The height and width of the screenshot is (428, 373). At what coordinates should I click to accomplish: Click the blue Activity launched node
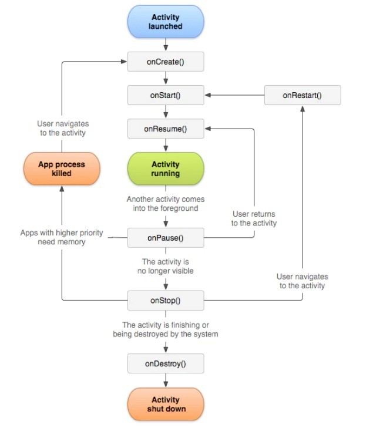tap(166, 22)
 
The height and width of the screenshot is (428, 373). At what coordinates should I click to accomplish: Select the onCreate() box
tap(166, 61)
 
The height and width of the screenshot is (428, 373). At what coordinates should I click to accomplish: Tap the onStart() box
tap(166, 95)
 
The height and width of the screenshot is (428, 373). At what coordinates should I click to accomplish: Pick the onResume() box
tap(166, 129)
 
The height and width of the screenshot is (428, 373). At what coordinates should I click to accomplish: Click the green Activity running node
tap(166, 169)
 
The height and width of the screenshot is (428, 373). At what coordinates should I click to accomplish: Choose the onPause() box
tap(166, 238)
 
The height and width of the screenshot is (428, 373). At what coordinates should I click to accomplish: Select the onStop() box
tap(166, 301)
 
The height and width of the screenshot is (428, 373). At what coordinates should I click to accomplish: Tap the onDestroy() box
tap(166, 363)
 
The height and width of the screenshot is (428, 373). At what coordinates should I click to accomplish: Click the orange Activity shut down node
tap(166, 404)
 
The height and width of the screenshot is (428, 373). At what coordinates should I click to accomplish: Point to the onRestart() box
tap(303, 95)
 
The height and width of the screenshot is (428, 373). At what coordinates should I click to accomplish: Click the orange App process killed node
tap(62, 169)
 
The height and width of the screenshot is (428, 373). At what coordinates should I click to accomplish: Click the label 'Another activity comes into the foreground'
tap(166, 204)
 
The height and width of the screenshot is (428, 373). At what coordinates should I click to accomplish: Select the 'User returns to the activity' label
tap(254, 218)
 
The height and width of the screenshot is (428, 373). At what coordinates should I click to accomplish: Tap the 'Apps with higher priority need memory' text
tap(62, 237)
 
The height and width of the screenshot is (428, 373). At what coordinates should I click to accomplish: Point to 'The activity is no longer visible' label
tap(166, 266)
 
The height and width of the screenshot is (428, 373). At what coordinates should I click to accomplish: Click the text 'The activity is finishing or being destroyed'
tap(166, 329)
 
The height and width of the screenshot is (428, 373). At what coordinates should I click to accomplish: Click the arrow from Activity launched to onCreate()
tap(166, 44)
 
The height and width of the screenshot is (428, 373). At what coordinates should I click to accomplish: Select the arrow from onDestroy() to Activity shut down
tap(166, 380)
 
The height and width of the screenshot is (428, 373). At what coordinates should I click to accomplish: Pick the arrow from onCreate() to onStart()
tap(166, 78)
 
